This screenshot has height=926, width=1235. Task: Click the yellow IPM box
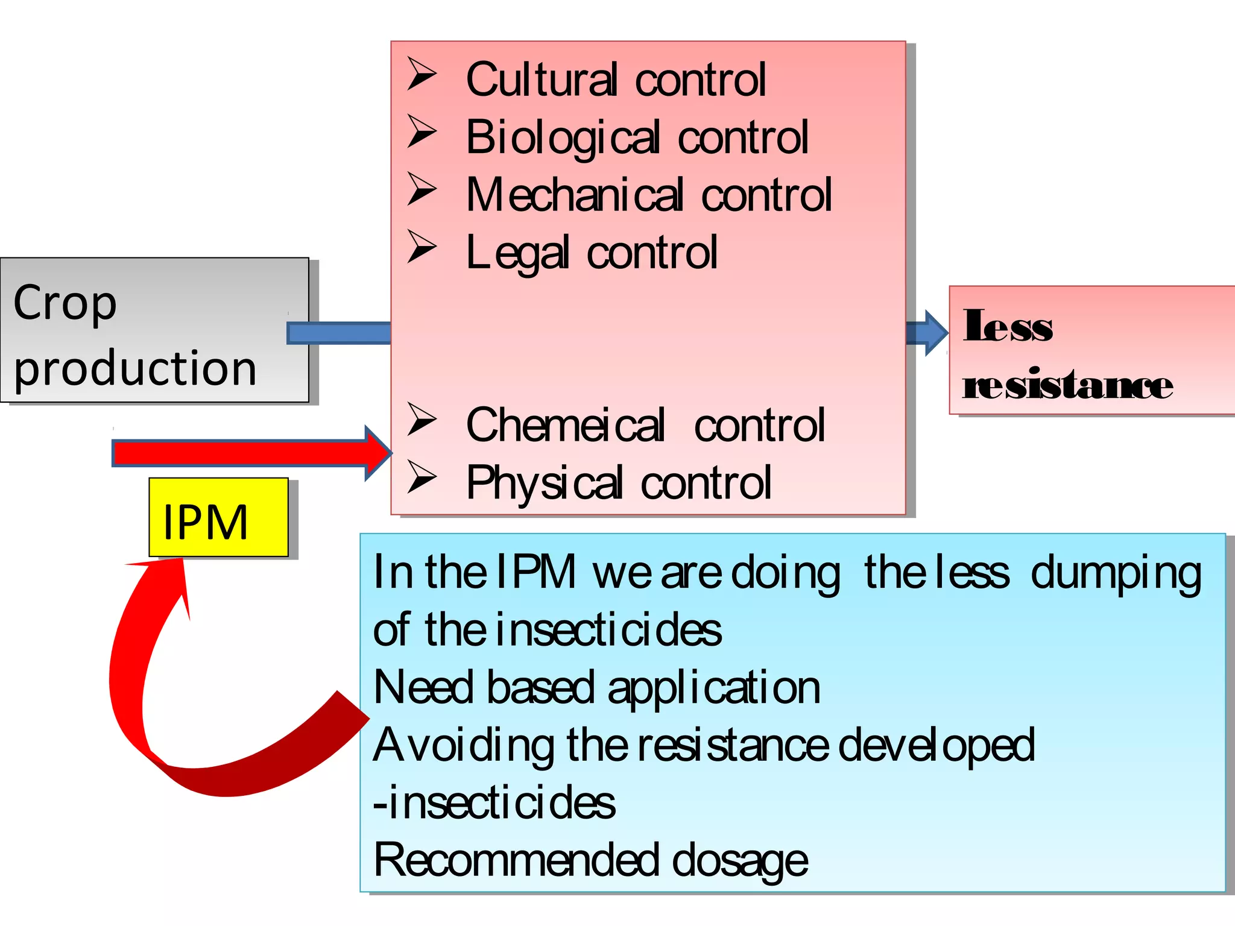(x=218, y=517)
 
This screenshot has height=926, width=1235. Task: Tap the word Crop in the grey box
(x=65, y=303)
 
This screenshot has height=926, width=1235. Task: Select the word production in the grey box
(x=135, y=368)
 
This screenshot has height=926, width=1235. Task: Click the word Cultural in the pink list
(x=542, y=80)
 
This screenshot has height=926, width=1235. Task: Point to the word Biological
(x=563, y=137)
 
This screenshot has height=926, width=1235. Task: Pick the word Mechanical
(x=575, y=195)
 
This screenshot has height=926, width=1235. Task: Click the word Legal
(x=517, y=253)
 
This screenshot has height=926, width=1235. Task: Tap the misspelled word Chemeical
(x=565, y=425)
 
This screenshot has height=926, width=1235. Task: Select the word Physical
(x=544, y=483)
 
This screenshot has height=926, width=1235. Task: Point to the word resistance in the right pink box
(x=1067, y=385)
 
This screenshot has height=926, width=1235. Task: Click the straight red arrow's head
(x=377, y=453)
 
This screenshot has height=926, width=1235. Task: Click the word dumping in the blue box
(x=1116, y=573)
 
